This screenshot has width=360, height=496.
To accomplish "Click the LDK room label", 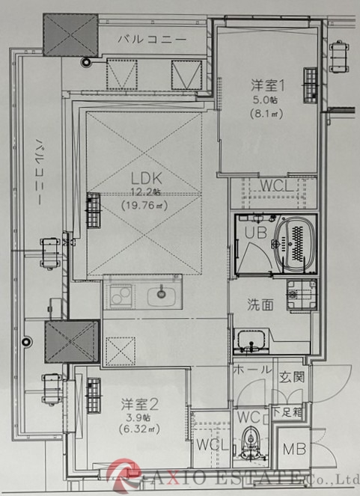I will (x=147, y=179).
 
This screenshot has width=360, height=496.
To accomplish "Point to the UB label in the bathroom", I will (x=257, y=233).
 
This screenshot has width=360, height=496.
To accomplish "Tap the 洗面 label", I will (x=262, y=305).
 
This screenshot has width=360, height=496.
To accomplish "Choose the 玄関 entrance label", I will (x=292, y=376).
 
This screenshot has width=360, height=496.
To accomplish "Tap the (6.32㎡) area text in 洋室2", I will (x=140, y=429).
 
